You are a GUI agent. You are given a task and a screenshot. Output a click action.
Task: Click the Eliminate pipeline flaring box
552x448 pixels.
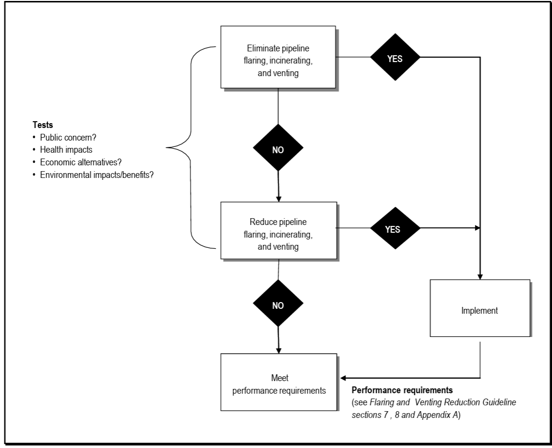tap(278, 57)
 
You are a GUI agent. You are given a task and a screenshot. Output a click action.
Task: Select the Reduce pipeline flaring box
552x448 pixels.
tap(278, 230)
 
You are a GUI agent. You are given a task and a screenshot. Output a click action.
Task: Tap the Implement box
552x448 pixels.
tap(479, 308)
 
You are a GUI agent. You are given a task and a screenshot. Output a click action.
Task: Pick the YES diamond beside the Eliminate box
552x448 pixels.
tap(395, 57)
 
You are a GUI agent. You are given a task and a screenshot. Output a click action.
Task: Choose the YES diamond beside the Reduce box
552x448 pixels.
tap(395, 229)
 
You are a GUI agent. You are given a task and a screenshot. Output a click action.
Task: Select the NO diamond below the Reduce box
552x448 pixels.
tap(278, 305)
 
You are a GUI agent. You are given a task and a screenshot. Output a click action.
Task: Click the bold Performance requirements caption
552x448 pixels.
tap(402, 390)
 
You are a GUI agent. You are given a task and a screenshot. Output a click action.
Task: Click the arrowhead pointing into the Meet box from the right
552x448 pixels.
tap(345, 378)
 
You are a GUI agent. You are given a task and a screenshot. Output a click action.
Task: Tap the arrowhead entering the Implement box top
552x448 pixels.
tap(480, 276)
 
